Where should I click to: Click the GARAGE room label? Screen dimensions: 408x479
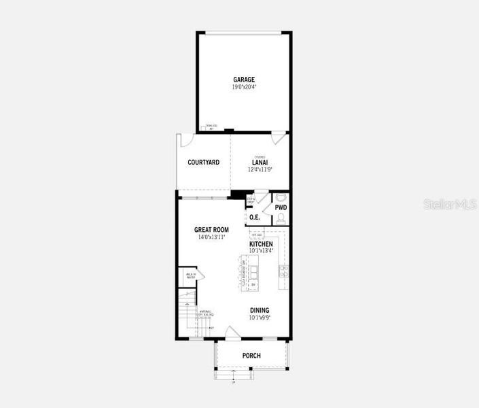tap(244, 80)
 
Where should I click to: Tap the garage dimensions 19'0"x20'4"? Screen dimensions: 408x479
tap(244, 87)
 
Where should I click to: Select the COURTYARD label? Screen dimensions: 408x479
tap(203, 163)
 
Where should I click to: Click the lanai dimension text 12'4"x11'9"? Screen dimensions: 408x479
tap(260, 170)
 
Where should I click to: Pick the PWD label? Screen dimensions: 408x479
tap(281, 207)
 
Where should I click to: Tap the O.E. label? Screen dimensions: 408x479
tap(255, 217)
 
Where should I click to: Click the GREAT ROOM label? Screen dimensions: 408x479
tap(210, 230)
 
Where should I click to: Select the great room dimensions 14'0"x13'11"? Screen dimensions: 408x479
tap(211, 237)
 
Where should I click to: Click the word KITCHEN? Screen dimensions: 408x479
tap(261, 243)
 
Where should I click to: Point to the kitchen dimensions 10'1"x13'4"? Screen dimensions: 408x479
tap(261, 250)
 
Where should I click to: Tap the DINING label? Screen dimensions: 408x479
tap(259, 311)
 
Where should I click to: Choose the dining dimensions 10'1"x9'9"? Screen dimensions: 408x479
tap(259, 318)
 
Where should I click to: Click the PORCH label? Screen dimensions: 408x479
tap(251, 356)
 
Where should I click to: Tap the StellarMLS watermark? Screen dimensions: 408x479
tap(450, 203)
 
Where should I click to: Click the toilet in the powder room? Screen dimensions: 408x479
tap(281, 218)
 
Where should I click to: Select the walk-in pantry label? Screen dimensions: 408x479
tap(191, 275)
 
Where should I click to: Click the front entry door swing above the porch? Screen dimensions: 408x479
tap(232, 333)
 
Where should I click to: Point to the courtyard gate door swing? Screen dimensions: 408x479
tap(184, 140)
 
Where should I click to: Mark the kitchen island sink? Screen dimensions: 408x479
tap(253, 272)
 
